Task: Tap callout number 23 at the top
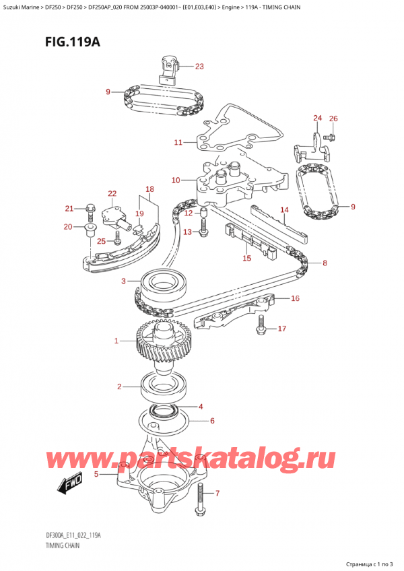[x=199, y=66]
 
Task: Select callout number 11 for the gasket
[x=178, y=142]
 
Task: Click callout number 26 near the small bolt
[x=333, y=119]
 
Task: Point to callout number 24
[x=317, y=119]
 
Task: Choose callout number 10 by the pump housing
[x=176, y=180]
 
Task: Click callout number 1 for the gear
[x=116, y=341]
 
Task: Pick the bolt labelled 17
[x=261, y=329]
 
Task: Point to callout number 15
[x=246, y=257]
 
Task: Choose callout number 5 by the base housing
[x=96, y=474]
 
